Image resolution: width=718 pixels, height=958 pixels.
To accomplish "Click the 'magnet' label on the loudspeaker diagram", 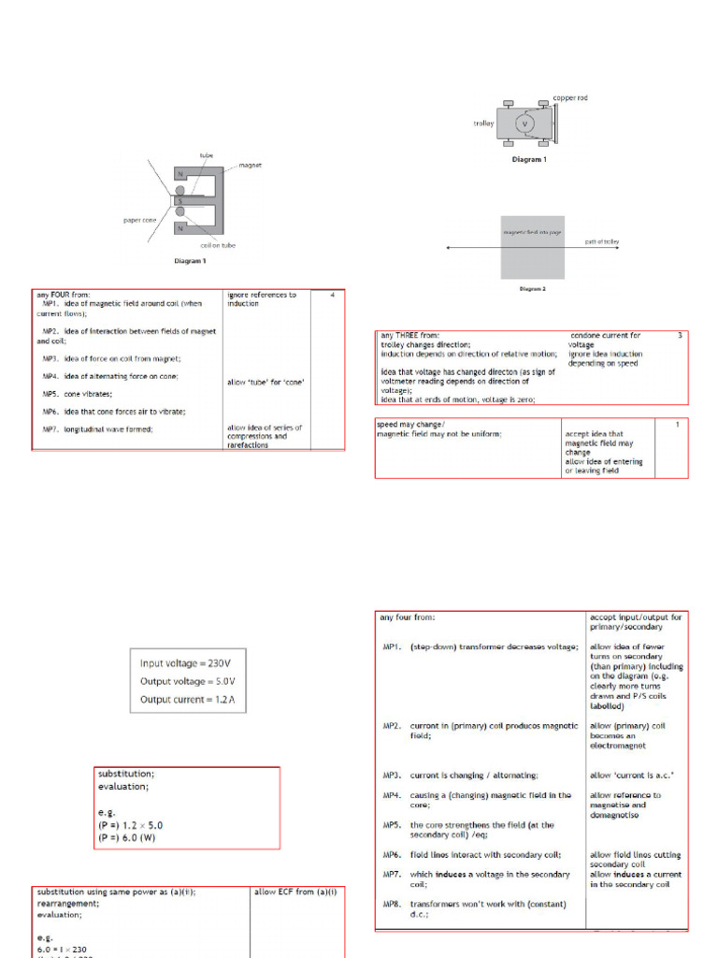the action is (x=250, y=165).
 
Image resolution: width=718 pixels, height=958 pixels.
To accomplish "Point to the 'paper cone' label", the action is (x=138, y=221).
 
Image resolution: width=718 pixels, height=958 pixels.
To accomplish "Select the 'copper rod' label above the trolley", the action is (x=570, y=97).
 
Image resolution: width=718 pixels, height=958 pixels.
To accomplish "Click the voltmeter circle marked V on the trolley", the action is (x=524, y=123).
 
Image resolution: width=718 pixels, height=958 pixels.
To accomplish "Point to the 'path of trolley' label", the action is (x=602, y=241).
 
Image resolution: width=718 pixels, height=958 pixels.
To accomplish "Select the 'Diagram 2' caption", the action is (x=533, y=289).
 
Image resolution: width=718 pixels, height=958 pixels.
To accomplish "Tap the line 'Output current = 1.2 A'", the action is (x=185, y=700).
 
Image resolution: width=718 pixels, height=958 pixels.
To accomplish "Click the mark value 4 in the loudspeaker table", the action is (x=332, y=296).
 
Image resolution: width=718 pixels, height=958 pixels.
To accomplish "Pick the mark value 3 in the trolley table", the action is (x=680, y=335).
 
